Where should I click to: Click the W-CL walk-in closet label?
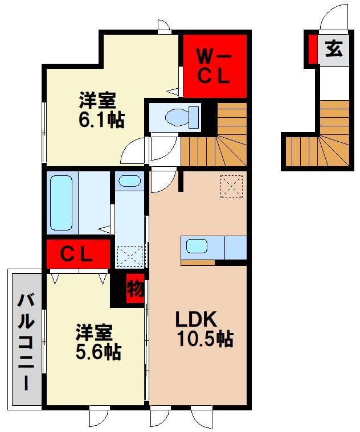(x=214, y=67)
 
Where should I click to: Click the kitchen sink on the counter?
(x=197, y=247)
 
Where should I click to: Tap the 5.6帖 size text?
(x=97, y=352)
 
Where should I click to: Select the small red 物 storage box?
(x=134, y=288)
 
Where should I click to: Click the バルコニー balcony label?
(x=25, y=340)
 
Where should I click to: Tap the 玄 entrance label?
(x=334, y=50)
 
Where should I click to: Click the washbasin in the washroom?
(x=129, y=182)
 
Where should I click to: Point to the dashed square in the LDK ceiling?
(x=231, y=187)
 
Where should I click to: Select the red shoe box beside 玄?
(x=312, y=50)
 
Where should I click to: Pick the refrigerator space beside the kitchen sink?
(x=235, y=248)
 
